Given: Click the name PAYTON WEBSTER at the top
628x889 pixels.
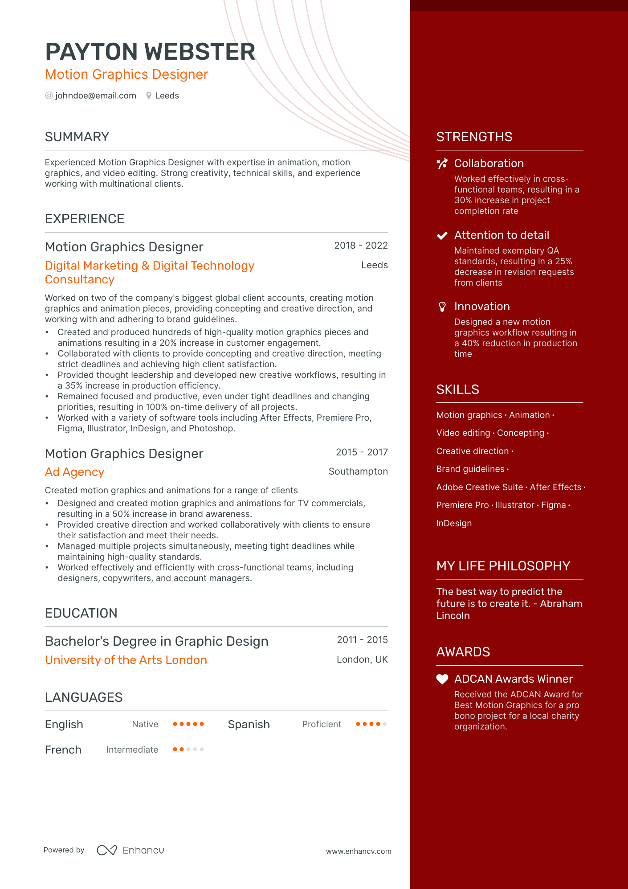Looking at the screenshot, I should coord(150,52).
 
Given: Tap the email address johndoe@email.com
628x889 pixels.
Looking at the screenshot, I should coord(95,96).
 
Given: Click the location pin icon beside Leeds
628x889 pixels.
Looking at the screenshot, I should coord(149,96).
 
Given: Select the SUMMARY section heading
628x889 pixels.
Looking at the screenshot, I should coord(77,137).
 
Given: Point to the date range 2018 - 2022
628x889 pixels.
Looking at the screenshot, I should coord(361,246).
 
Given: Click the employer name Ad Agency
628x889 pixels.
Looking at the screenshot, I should coord(74,472).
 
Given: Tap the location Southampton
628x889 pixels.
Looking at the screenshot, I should coord(358,471).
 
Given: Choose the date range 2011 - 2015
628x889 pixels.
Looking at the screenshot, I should coord(362,640).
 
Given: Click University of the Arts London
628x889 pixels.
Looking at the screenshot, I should coord(126,660).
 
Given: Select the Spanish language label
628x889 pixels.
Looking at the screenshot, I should coord(249,725).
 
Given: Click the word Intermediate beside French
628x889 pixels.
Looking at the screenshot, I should coord(132,750).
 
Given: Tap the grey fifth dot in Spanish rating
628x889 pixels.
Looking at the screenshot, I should coord(385,724).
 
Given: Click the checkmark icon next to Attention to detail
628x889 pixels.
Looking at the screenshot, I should coord(442,236).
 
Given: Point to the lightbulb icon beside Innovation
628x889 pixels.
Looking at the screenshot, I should coord(442,307).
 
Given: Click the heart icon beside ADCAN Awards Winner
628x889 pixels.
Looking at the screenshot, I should coord(442,679).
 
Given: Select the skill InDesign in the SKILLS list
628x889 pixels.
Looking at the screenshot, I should coord(454,523).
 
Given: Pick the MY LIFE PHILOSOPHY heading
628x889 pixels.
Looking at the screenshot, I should coord(503,566).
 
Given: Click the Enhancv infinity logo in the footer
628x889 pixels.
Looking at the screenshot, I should coord(107,850).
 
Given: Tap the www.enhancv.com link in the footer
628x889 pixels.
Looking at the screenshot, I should coord(359,851).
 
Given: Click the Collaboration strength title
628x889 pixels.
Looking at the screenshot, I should coord(489,164).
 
